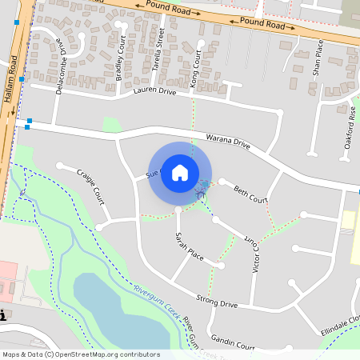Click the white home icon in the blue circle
tap(180, 172)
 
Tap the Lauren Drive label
tap(154, 92)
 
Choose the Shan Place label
tap(318, 57)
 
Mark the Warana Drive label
tap(228, 142)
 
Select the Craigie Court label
tap(90, 185)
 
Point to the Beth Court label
tap(250, 194)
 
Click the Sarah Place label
tap(190, 247)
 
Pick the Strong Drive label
tap(217, 303)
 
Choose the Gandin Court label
tap(234, 345)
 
